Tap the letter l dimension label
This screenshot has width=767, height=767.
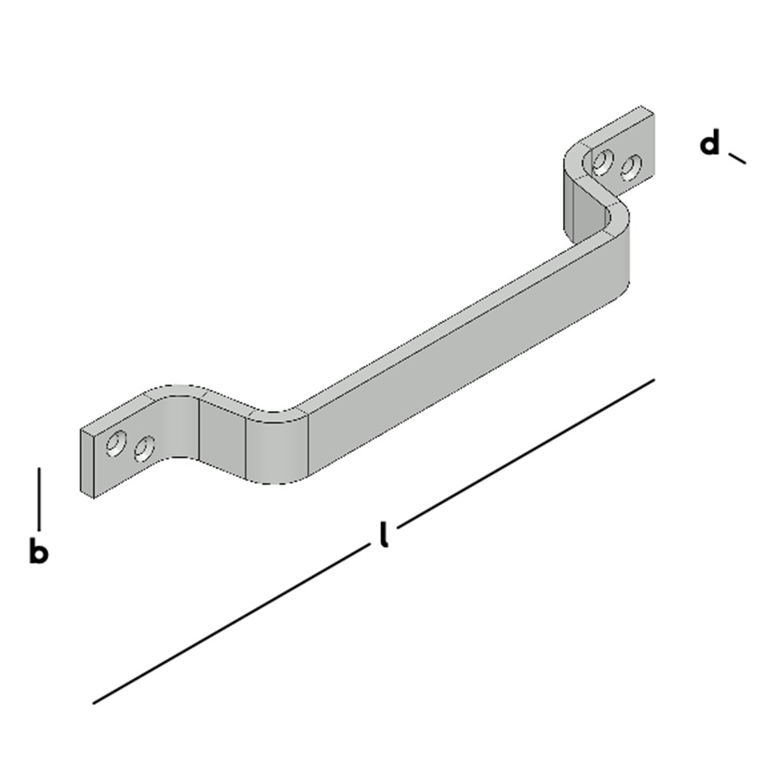pyautogui.click(x=383, y=535)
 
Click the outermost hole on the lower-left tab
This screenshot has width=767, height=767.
pyautogui.click(x=117, y=443)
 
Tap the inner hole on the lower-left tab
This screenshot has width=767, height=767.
pyautogui.click(x=143, y=449)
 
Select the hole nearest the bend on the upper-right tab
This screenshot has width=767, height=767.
pyautogui.click(x=604, y=161)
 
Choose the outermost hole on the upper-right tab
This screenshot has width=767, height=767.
pyautogui.click(x=630, y=166)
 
